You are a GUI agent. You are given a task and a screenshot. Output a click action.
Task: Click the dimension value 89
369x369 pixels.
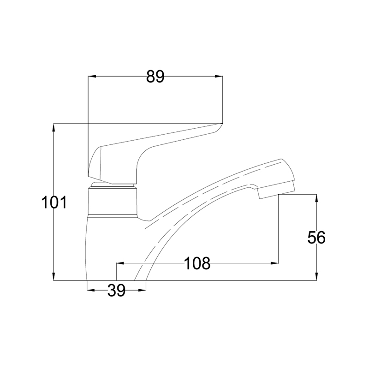tap(155, 77)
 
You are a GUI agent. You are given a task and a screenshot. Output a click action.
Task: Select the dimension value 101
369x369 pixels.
tap(54, 202)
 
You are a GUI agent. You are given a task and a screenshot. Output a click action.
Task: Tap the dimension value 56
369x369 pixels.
tap(316, 238)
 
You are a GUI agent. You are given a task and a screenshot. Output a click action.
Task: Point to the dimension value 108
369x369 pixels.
tap(197, 263)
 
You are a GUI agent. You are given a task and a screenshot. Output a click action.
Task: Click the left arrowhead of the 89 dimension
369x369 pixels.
tap(92, 76)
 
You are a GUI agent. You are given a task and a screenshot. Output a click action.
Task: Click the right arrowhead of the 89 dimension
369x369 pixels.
tap(219, 76)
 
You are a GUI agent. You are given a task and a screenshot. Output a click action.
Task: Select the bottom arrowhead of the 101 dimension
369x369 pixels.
tap(54, 276)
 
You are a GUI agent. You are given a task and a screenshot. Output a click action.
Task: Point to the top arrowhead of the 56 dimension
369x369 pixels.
tap(316, 198)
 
